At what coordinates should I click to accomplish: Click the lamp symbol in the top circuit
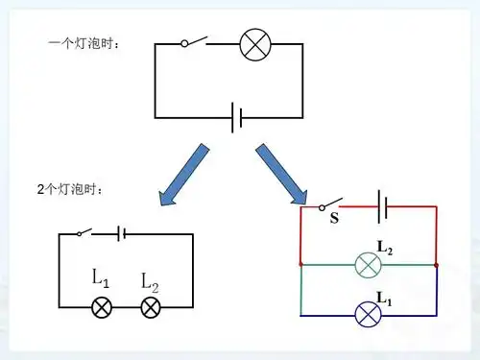(254, 44)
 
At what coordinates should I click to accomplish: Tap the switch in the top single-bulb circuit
(197, 42)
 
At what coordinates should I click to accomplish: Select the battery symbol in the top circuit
(236, 118)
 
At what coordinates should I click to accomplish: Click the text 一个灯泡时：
(85, 44)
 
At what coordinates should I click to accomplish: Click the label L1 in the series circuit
(101, 278)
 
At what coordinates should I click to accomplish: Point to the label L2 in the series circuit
(150, 280)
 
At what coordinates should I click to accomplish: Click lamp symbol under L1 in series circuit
(101, 307)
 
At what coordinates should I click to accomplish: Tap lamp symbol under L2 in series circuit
(150, 307)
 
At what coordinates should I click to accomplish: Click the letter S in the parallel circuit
(334, 219)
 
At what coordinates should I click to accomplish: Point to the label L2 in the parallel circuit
(384, 247)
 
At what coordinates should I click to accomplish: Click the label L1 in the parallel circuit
(384, 298)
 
